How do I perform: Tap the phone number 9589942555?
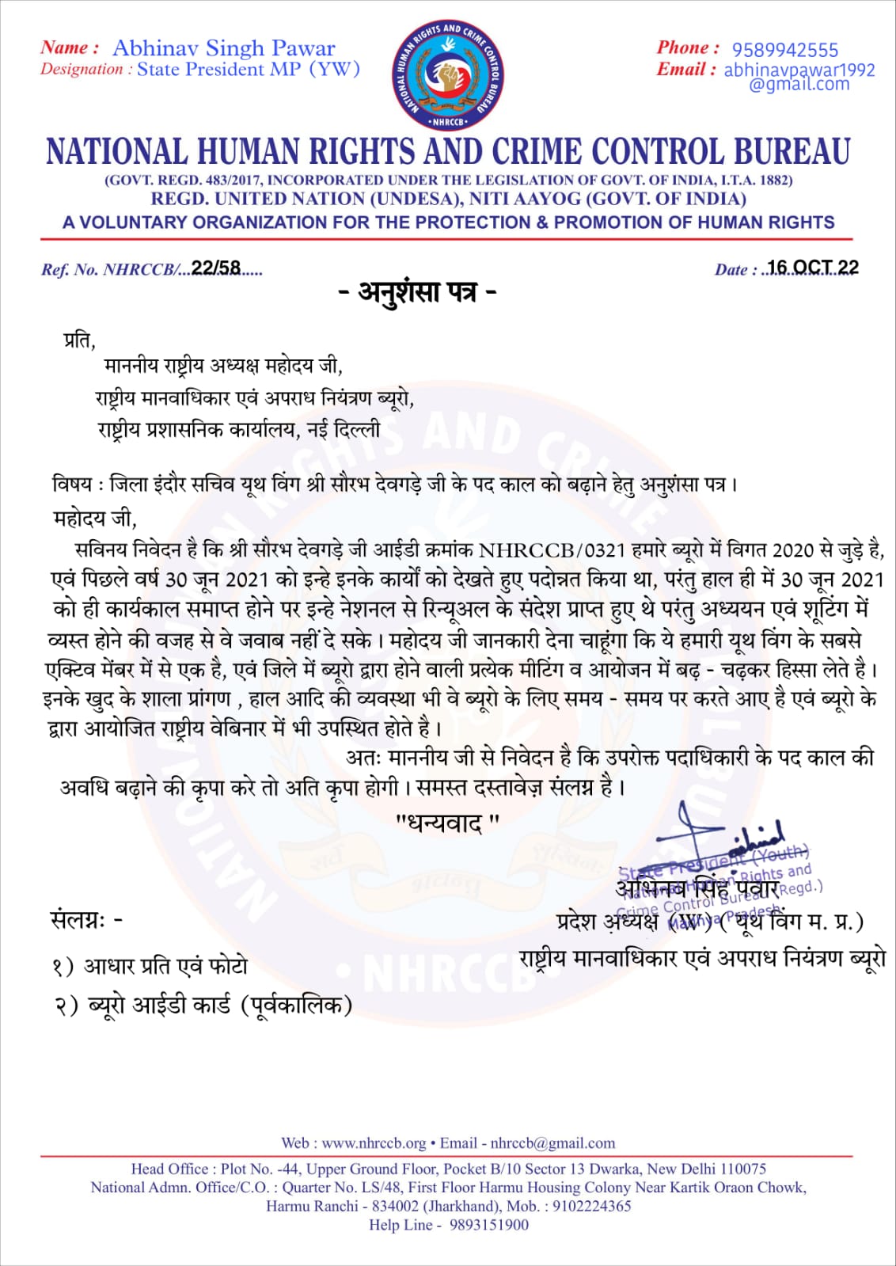(x=784, y=50)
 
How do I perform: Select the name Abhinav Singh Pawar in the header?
(x=223, y=48)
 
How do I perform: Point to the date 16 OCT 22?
(x=813, y=268)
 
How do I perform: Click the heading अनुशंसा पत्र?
(x=417, y=293)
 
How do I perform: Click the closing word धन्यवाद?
(x=447, y=824)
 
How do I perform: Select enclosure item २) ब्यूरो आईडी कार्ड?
(x=203, y=1006)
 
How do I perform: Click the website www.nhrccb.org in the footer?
(x=374, y=1143)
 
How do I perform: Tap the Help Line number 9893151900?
(x=488, y=1225)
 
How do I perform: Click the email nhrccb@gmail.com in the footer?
(x=552, y=1143)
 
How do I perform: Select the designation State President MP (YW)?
(x=249, y=70)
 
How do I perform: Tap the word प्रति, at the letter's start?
(x=79, y=340)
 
